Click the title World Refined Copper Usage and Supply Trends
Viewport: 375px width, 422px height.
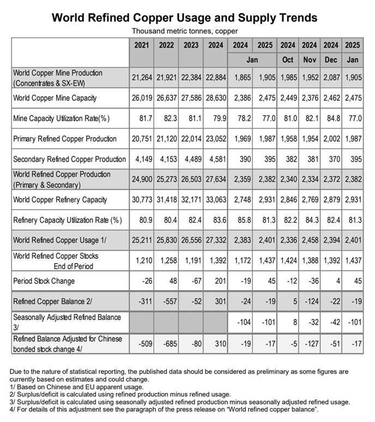[x=184, y=17]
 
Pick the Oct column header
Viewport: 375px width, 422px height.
[x=288, y=59]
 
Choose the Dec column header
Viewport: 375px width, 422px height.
[x=331, y=59]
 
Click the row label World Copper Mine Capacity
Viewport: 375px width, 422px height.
[x=55, y=98]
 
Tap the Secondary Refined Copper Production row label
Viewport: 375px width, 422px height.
[x=69, y=159]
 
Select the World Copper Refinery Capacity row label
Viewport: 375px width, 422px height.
[x=60, y=200]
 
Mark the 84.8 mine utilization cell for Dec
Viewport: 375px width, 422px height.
[x=332, y=118]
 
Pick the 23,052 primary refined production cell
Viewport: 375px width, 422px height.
[x=215, y=139]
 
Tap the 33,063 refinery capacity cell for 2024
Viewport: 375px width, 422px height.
[x=215, y=200]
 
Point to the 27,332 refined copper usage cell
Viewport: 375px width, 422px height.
[x=215, y=241]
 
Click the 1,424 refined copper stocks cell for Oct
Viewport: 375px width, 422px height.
[x=288, y=261]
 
